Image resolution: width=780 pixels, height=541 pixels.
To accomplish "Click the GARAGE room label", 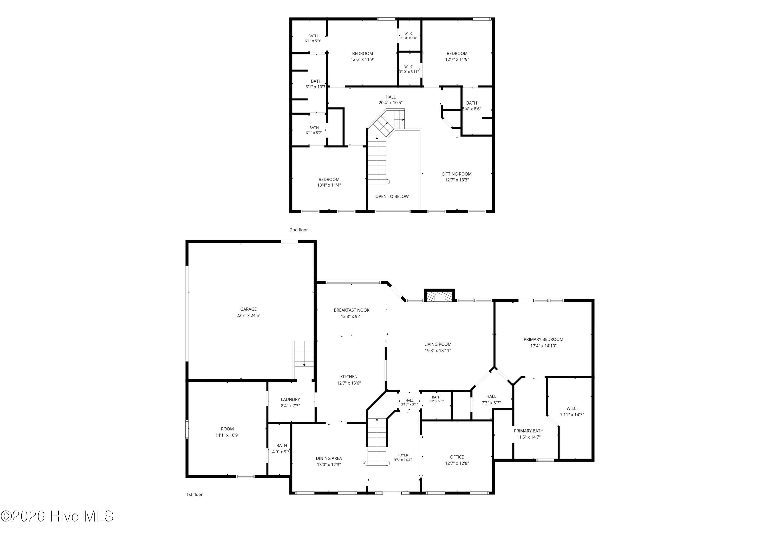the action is pyautogui.click(x=248, y=309).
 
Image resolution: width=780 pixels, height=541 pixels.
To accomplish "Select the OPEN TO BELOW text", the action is pyautogui.click(x=392, y=196).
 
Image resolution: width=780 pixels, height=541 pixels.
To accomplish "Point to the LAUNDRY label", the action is pyautogui.click(x=290, y=399).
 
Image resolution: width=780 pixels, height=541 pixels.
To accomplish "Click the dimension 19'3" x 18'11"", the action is pyautogui.click(x=438, y=351).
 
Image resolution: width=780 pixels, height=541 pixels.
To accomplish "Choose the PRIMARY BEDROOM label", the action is pyautogui.click(x=543, y=339).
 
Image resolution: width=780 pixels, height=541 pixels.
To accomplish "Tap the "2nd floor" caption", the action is pyautogui.click(x=299, y=230).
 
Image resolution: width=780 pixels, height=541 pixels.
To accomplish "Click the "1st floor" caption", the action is pyautogui.click(x=194, y=494).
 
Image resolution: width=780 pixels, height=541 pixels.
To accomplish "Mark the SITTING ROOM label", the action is pyautogui.click(x=457, y=174).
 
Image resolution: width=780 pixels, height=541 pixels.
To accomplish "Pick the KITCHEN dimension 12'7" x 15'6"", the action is pyautogui.click(x=349, y=383).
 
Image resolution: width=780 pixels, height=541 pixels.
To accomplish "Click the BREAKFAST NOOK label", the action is pyautogui.click(x=351, y=310).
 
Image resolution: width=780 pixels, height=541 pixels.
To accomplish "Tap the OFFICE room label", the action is pyautogui.click(x=457, y=457).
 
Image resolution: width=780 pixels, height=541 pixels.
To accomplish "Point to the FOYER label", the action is pyautogui.click(x=403, y=455).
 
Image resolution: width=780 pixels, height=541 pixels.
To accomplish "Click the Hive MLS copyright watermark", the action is pyautogui.click(x=57, y=517).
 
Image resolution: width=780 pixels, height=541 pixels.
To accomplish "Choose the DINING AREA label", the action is pyautogui.click(x=329, y=458).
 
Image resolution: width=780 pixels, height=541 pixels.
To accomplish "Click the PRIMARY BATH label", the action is pyautogui.click(x=528, y=431).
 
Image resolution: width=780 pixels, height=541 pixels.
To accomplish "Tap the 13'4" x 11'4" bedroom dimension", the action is pyautogui.click(x=329, y=185).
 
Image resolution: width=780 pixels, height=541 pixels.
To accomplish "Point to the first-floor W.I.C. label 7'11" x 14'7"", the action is pyautogui.click(x=572, y=411).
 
